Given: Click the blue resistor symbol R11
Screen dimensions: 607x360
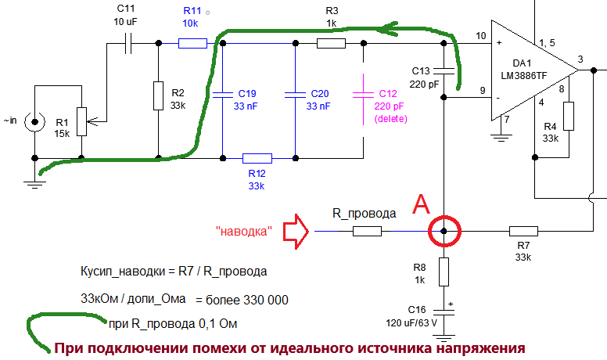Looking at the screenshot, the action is pos(192,43).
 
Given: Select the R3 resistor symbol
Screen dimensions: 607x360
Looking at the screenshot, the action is pos(331,43).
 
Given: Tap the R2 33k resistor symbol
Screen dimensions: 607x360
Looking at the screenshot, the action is pos(158,95).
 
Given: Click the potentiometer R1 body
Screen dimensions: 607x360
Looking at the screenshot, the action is pos(81,121).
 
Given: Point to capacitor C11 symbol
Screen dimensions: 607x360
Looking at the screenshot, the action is pos(128,43).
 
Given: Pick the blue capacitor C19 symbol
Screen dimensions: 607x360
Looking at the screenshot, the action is pos(222,95).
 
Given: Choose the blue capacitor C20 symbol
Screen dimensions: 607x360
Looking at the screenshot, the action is pos(295,95).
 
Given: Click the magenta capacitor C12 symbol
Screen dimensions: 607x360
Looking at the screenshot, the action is pos(363,95).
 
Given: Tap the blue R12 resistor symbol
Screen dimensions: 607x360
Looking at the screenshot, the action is pos(257,158).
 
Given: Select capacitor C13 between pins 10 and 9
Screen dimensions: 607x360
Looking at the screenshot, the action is pos(444,70).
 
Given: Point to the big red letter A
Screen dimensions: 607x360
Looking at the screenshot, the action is pos(421,204).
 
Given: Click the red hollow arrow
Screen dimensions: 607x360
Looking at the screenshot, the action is pos(296,232).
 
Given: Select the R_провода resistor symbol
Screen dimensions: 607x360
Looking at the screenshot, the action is pos(367,232).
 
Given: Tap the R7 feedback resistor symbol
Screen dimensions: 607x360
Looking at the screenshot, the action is pos(523,232).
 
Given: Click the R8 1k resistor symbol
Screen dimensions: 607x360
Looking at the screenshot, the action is pos(444,272).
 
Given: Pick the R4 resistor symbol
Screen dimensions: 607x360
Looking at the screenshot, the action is pos(569,117).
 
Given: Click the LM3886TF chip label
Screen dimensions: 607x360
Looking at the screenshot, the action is pos(524,75).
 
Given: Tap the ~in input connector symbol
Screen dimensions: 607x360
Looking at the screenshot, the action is pos(35,122).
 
